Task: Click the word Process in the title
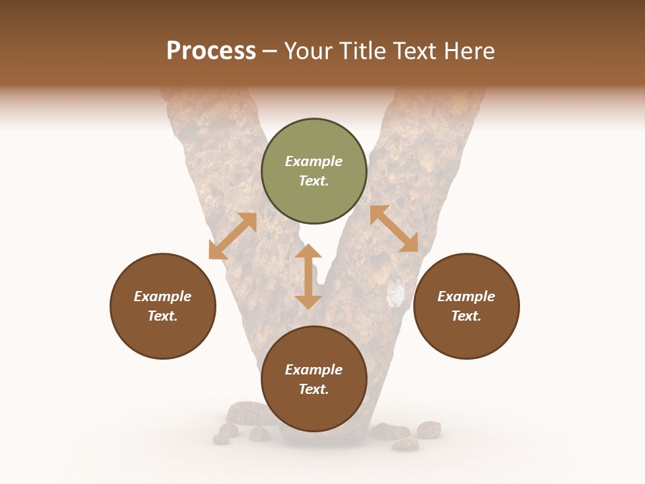pos(211,51)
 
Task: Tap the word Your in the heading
pos(308,51)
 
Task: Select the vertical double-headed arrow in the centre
pos(308,276)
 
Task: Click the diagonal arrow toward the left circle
pos(232,236)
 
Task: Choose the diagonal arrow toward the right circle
pos(394,229)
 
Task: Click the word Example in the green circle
pos(314,161)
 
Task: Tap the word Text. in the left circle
pos(163,316)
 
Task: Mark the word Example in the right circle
pos(466,296)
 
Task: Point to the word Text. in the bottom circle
pos(314,389)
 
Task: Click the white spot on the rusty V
pos(397,294)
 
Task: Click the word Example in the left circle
pos(163,296)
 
